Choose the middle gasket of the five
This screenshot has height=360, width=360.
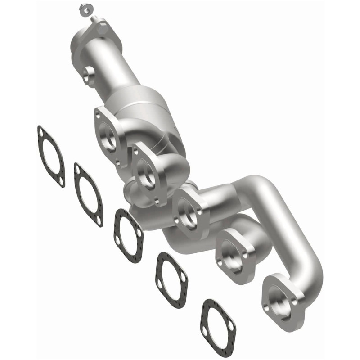(128, 236)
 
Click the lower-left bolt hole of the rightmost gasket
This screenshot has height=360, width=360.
(206, 331)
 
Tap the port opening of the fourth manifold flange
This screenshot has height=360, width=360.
(234, 254)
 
